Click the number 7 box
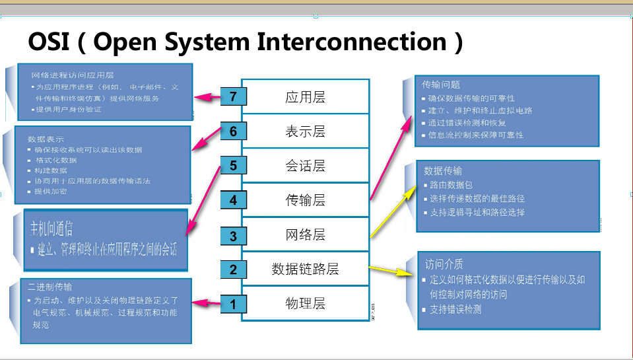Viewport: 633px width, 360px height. point(233,96)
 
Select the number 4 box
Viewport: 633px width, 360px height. point(233,199)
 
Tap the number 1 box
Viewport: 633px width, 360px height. point(232,305)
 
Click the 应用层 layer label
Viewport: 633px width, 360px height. point(305,97)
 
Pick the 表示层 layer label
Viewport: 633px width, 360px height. point(305,131)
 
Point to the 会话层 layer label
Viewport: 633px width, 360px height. point(305,166)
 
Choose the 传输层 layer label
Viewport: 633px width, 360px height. point(305,200)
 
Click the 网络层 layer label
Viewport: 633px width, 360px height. point(305,234)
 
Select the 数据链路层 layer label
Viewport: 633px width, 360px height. point(305,269)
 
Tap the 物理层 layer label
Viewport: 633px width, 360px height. point(305,304)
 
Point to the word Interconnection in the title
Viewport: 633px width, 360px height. point(352,42)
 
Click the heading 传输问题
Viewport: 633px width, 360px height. point(440,85)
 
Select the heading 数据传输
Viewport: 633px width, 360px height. point(442,171)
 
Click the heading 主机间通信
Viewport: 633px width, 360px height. point(51,229)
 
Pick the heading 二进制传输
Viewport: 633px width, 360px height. point(50,287)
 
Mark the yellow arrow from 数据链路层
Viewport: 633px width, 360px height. point(389,270)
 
